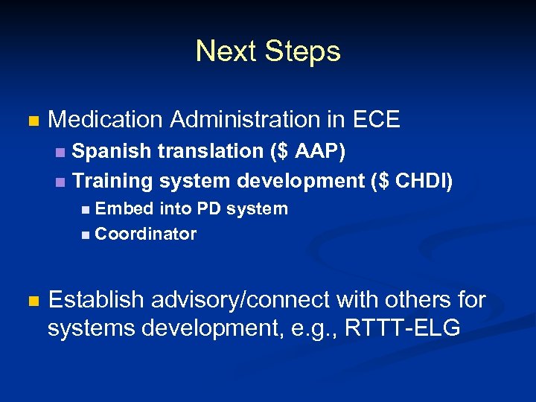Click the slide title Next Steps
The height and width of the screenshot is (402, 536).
pos(268,51)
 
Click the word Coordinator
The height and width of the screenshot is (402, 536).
pos(146,234)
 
